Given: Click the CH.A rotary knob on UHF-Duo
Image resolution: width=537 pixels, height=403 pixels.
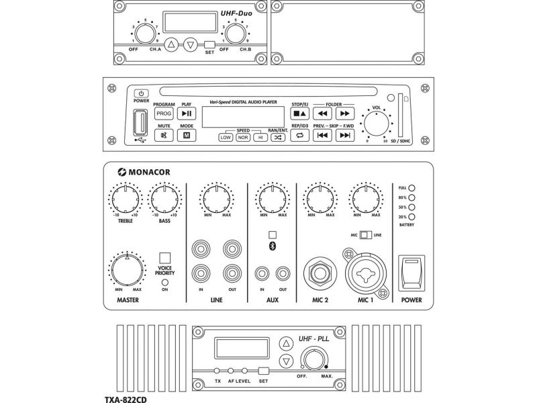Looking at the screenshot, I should pyautogui.click(x=144, y=34).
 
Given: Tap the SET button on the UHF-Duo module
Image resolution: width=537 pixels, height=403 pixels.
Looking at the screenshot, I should pyautogui.click(x=209, y=44).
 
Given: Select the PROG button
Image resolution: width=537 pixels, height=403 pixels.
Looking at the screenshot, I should pyautogui.click(x=164, y=114).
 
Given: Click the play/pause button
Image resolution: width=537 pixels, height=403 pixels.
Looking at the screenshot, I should pyautogui.click(x=187, y=114).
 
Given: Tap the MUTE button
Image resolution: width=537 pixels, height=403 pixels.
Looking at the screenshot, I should pyautogui.click(x=164, y=136).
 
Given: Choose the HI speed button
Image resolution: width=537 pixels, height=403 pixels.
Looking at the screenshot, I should pyautogui.click(x=259, y=137).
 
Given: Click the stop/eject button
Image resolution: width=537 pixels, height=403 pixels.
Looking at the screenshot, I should pyautogui.click(x=299, y=114).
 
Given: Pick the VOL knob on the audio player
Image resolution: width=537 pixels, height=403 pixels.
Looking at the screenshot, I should pyautogui.click(x=377, y=124).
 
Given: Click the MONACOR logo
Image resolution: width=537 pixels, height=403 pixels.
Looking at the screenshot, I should pyautogui.click(x=144, y=172).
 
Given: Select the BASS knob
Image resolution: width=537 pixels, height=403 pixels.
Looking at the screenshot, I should pyautogui.click(x=164, y=199).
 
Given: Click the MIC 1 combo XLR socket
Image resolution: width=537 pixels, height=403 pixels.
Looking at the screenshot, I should pyautogui.click(x=365, y=273).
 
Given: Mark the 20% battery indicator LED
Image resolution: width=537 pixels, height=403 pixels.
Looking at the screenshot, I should pyautogui.click(x=413, y=217).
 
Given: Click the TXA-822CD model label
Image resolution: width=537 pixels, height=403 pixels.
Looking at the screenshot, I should pyautogui.click(x=126, y=399).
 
